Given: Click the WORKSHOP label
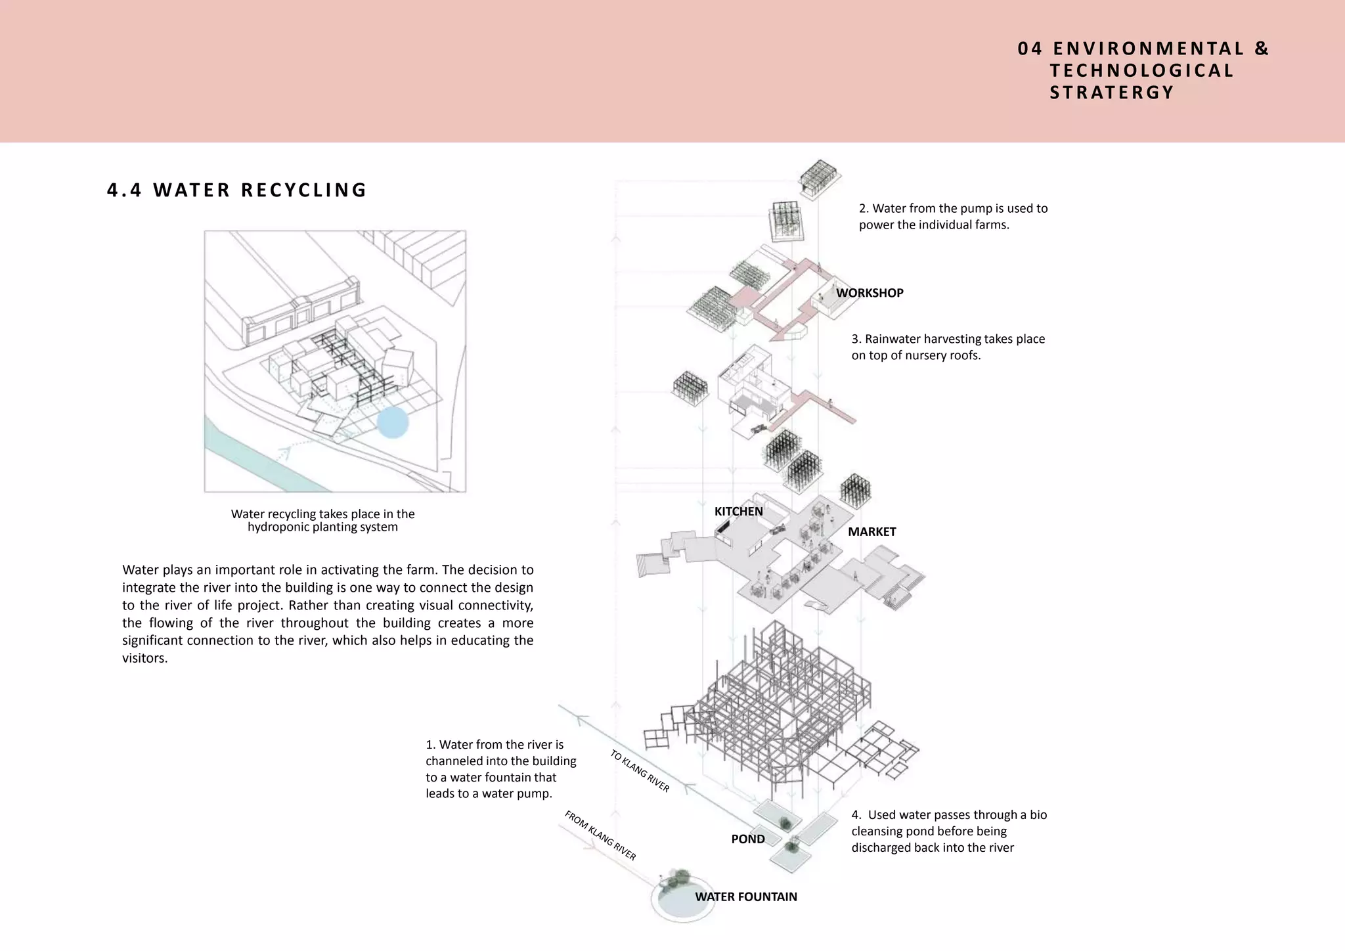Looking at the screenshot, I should coord(870,293).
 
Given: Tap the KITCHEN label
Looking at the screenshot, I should coord(738,512).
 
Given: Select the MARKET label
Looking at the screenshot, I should coord(871,532).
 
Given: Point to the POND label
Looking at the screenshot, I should coord(747,839).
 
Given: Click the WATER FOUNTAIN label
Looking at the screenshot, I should coord(745,897).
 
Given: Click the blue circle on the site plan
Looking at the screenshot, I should coord(393,422).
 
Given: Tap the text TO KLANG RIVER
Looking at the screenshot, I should coord(640,771).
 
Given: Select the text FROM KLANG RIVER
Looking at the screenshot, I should coord(600,835).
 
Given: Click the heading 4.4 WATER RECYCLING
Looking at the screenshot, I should coord(236,190).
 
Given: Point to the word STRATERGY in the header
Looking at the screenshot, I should coord(1111,93).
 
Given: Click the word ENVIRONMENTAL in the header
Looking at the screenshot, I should coord(1149,49).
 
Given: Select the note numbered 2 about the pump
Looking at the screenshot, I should coord(953,217).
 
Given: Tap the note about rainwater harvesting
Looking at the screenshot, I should coord(948,347).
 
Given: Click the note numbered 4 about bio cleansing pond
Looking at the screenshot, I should coord(949,831).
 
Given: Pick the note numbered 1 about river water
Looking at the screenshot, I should coord(500,769).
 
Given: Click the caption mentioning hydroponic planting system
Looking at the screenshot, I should coord(322,521).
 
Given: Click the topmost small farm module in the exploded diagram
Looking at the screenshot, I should coord(819,178).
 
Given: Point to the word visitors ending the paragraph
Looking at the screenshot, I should coord(144,659).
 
